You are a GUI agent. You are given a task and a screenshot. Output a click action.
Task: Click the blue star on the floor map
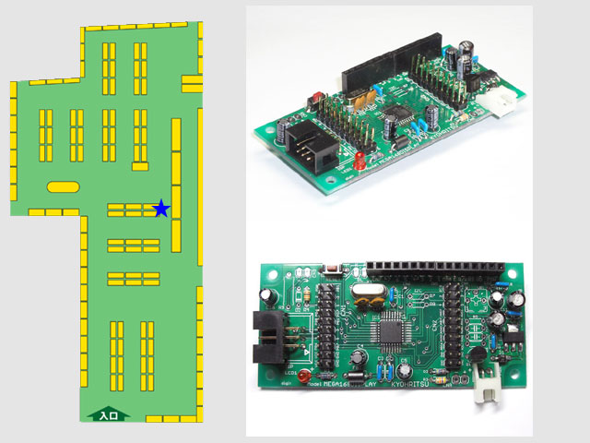[161, 208]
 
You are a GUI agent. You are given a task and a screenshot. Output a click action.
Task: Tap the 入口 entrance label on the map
[108, 416]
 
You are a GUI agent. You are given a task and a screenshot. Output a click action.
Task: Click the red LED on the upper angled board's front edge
[360, 162]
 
